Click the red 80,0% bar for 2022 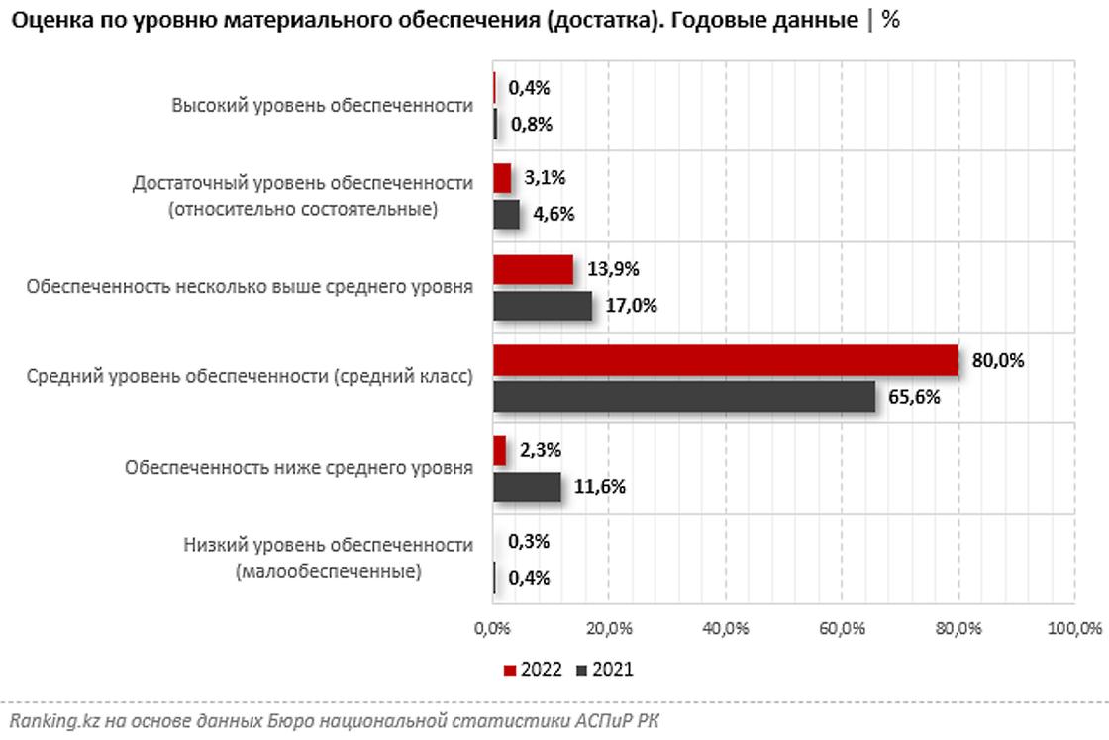click(x=726, y=360)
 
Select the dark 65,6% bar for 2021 click(x=684, y=397)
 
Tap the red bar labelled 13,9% click(x=533, y=269)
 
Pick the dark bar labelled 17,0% click(x=543, y=306)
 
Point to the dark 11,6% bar click(x=527, y=487)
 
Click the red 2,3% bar click(x=500, y=451)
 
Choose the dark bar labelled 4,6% click(x=506, y=215)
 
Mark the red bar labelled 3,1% click(x=502, y=179)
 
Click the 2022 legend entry click(x=533, y=670)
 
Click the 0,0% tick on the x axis click(x=493, y=628)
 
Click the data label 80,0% click(x=998, y=361)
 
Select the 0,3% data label click(x=528, y=542)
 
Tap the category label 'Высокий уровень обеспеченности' click(x=322, y=106)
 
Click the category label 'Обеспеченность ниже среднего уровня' click(x=299, y=468)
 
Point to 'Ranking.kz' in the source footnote click(x=48, y=721)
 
